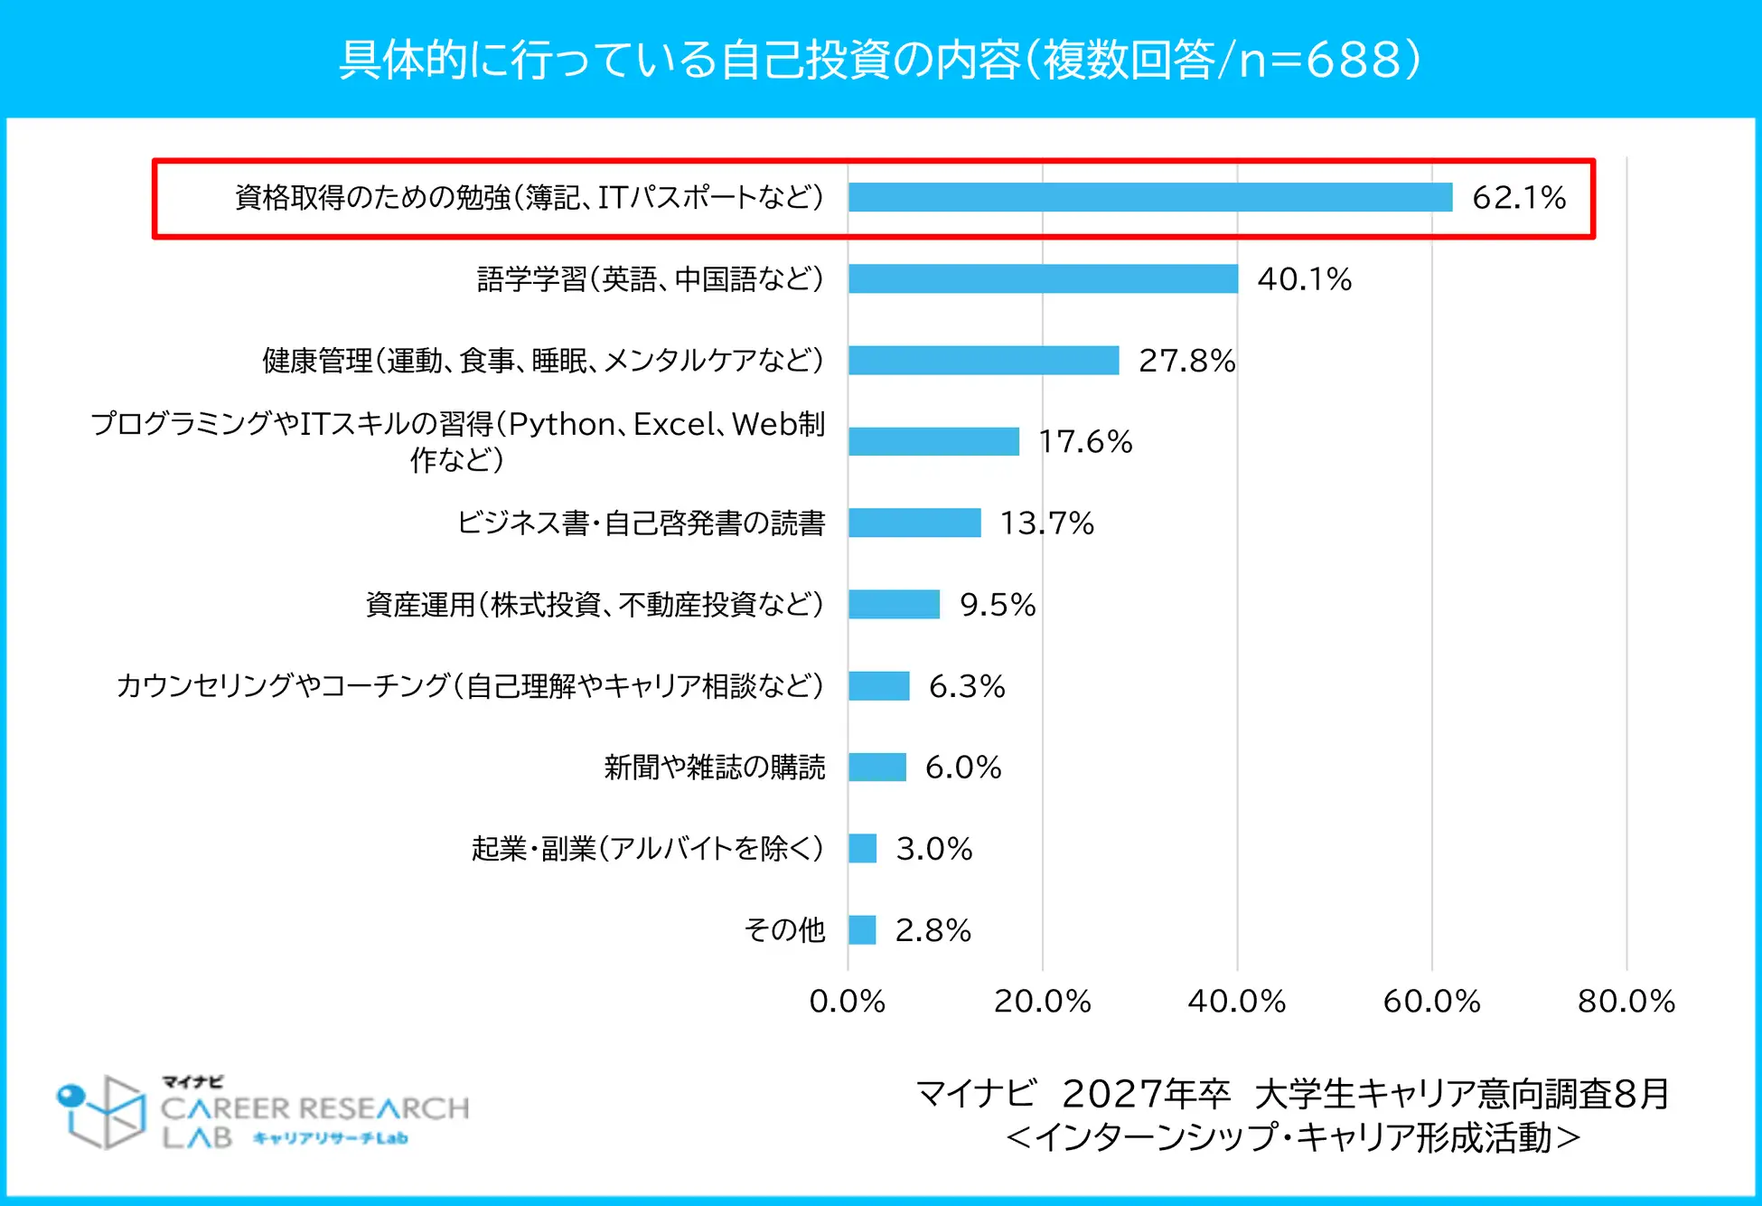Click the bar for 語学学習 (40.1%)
tap(1043, 278)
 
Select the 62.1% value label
tap(1519, 197)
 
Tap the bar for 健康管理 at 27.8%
tap(983, 360)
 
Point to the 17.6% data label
tap(1085, 441)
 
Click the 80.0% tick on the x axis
tap(1626, 1001)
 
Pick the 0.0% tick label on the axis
tap(847, 1001)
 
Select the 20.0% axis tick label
tap(1042, 1001)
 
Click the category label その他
tap(784, 929)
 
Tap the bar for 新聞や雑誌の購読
tap(876, 767)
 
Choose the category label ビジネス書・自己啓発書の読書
tap(641, 523)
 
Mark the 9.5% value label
tap(998, 604)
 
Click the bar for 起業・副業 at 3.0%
tap(862, 848)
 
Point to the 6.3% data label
tap(967, 685)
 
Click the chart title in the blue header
tap(880, 60)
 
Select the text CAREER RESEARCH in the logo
tap(314, 1107)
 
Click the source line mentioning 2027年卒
tap(1292, 1094)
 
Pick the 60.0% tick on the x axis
tap(1431, 1001)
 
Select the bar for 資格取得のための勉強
tap(1149, 197)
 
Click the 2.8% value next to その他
tap(933, 929)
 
